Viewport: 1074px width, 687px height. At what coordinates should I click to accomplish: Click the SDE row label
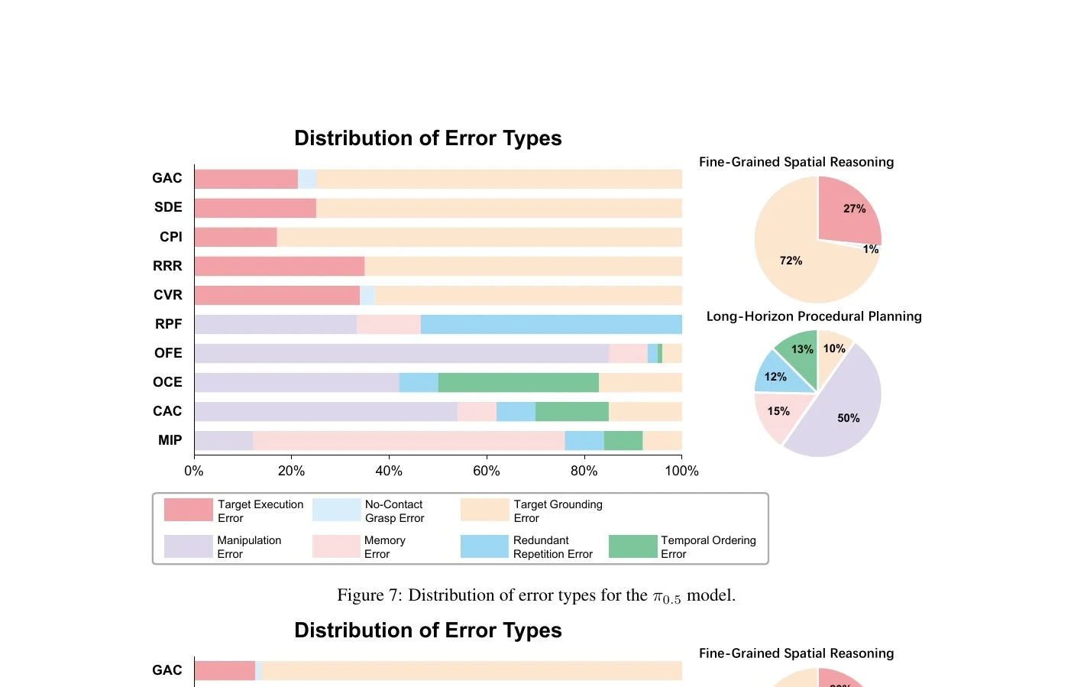168,207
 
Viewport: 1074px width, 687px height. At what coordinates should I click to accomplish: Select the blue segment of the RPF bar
552,324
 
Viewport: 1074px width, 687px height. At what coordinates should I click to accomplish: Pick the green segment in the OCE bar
519,382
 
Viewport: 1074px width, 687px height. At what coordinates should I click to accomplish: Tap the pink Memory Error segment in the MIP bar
409,440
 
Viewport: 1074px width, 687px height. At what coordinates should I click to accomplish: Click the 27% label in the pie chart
855,209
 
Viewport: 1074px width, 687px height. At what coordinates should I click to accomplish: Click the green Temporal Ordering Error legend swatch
633,546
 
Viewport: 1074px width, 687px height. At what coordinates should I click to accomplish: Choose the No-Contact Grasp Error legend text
394,511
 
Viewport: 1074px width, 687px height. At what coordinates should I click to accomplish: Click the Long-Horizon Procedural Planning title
814,316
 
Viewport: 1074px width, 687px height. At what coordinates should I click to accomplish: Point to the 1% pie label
871,249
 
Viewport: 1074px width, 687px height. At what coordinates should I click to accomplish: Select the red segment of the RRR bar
280,266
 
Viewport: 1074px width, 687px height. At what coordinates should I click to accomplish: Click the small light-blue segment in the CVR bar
367,296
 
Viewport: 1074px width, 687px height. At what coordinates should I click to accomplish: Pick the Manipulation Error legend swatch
189,546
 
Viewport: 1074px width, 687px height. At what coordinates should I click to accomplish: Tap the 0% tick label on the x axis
194,471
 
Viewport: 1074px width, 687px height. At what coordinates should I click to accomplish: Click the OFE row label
168,353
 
